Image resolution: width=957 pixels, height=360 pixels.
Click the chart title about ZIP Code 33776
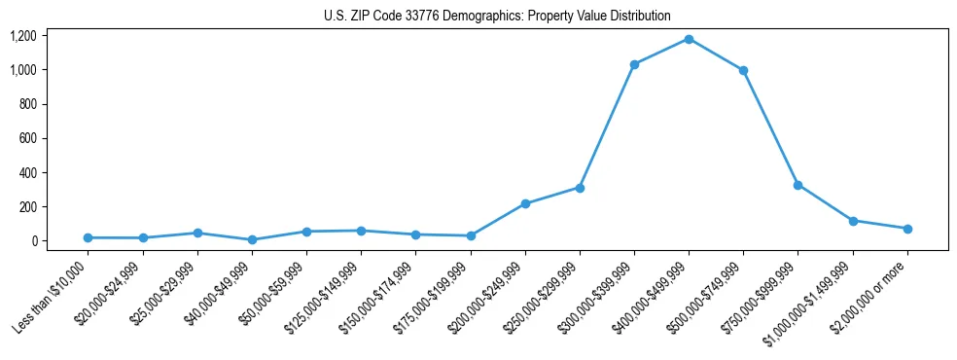pos(497,16)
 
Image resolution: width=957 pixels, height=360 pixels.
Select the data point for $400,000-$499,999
pos(689,39)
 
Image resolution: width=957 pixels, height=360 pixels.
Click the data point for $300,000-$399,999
pos(634,64)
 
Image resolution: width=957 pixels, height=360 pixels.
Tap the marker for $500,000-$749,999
pos(743,70)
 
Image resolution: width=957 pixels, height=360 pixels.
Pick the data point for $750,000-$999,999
pos(797,185)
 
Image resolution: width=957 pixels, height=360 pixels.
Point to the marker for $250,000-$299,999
pos(580,188)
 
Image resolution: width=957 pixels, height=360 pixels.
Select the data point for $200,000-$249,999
pos(525,203)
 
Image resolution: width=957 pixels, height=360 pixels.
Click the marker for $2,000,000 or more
pos(907,229)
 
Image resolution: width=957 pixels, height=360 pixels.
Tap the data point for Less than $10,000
pos(89,237)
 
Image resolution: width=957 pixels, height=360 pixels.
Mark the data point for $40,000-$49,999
pos(252,239)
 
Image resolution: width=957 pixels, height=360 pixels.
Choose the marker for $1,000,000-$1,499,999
pos(853,221)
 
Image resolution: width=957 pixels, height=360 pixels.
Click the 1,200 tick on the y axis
pos(23,36)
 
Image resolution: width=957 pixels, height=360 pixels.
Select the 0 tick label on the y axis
pos(33,241)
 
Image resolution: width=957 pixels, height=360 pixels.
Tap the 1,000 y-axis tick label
pos(23,70)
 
